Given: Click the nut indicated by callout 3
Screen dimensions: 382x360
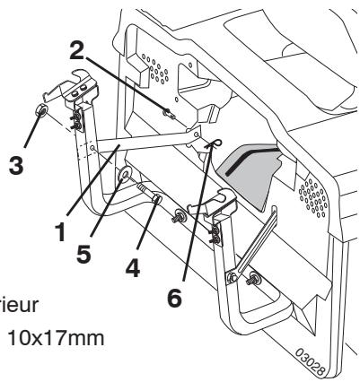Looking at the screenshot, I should (40, 112).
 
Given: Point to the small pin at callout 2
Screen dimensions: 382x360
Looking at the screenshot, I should (168, 112).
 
